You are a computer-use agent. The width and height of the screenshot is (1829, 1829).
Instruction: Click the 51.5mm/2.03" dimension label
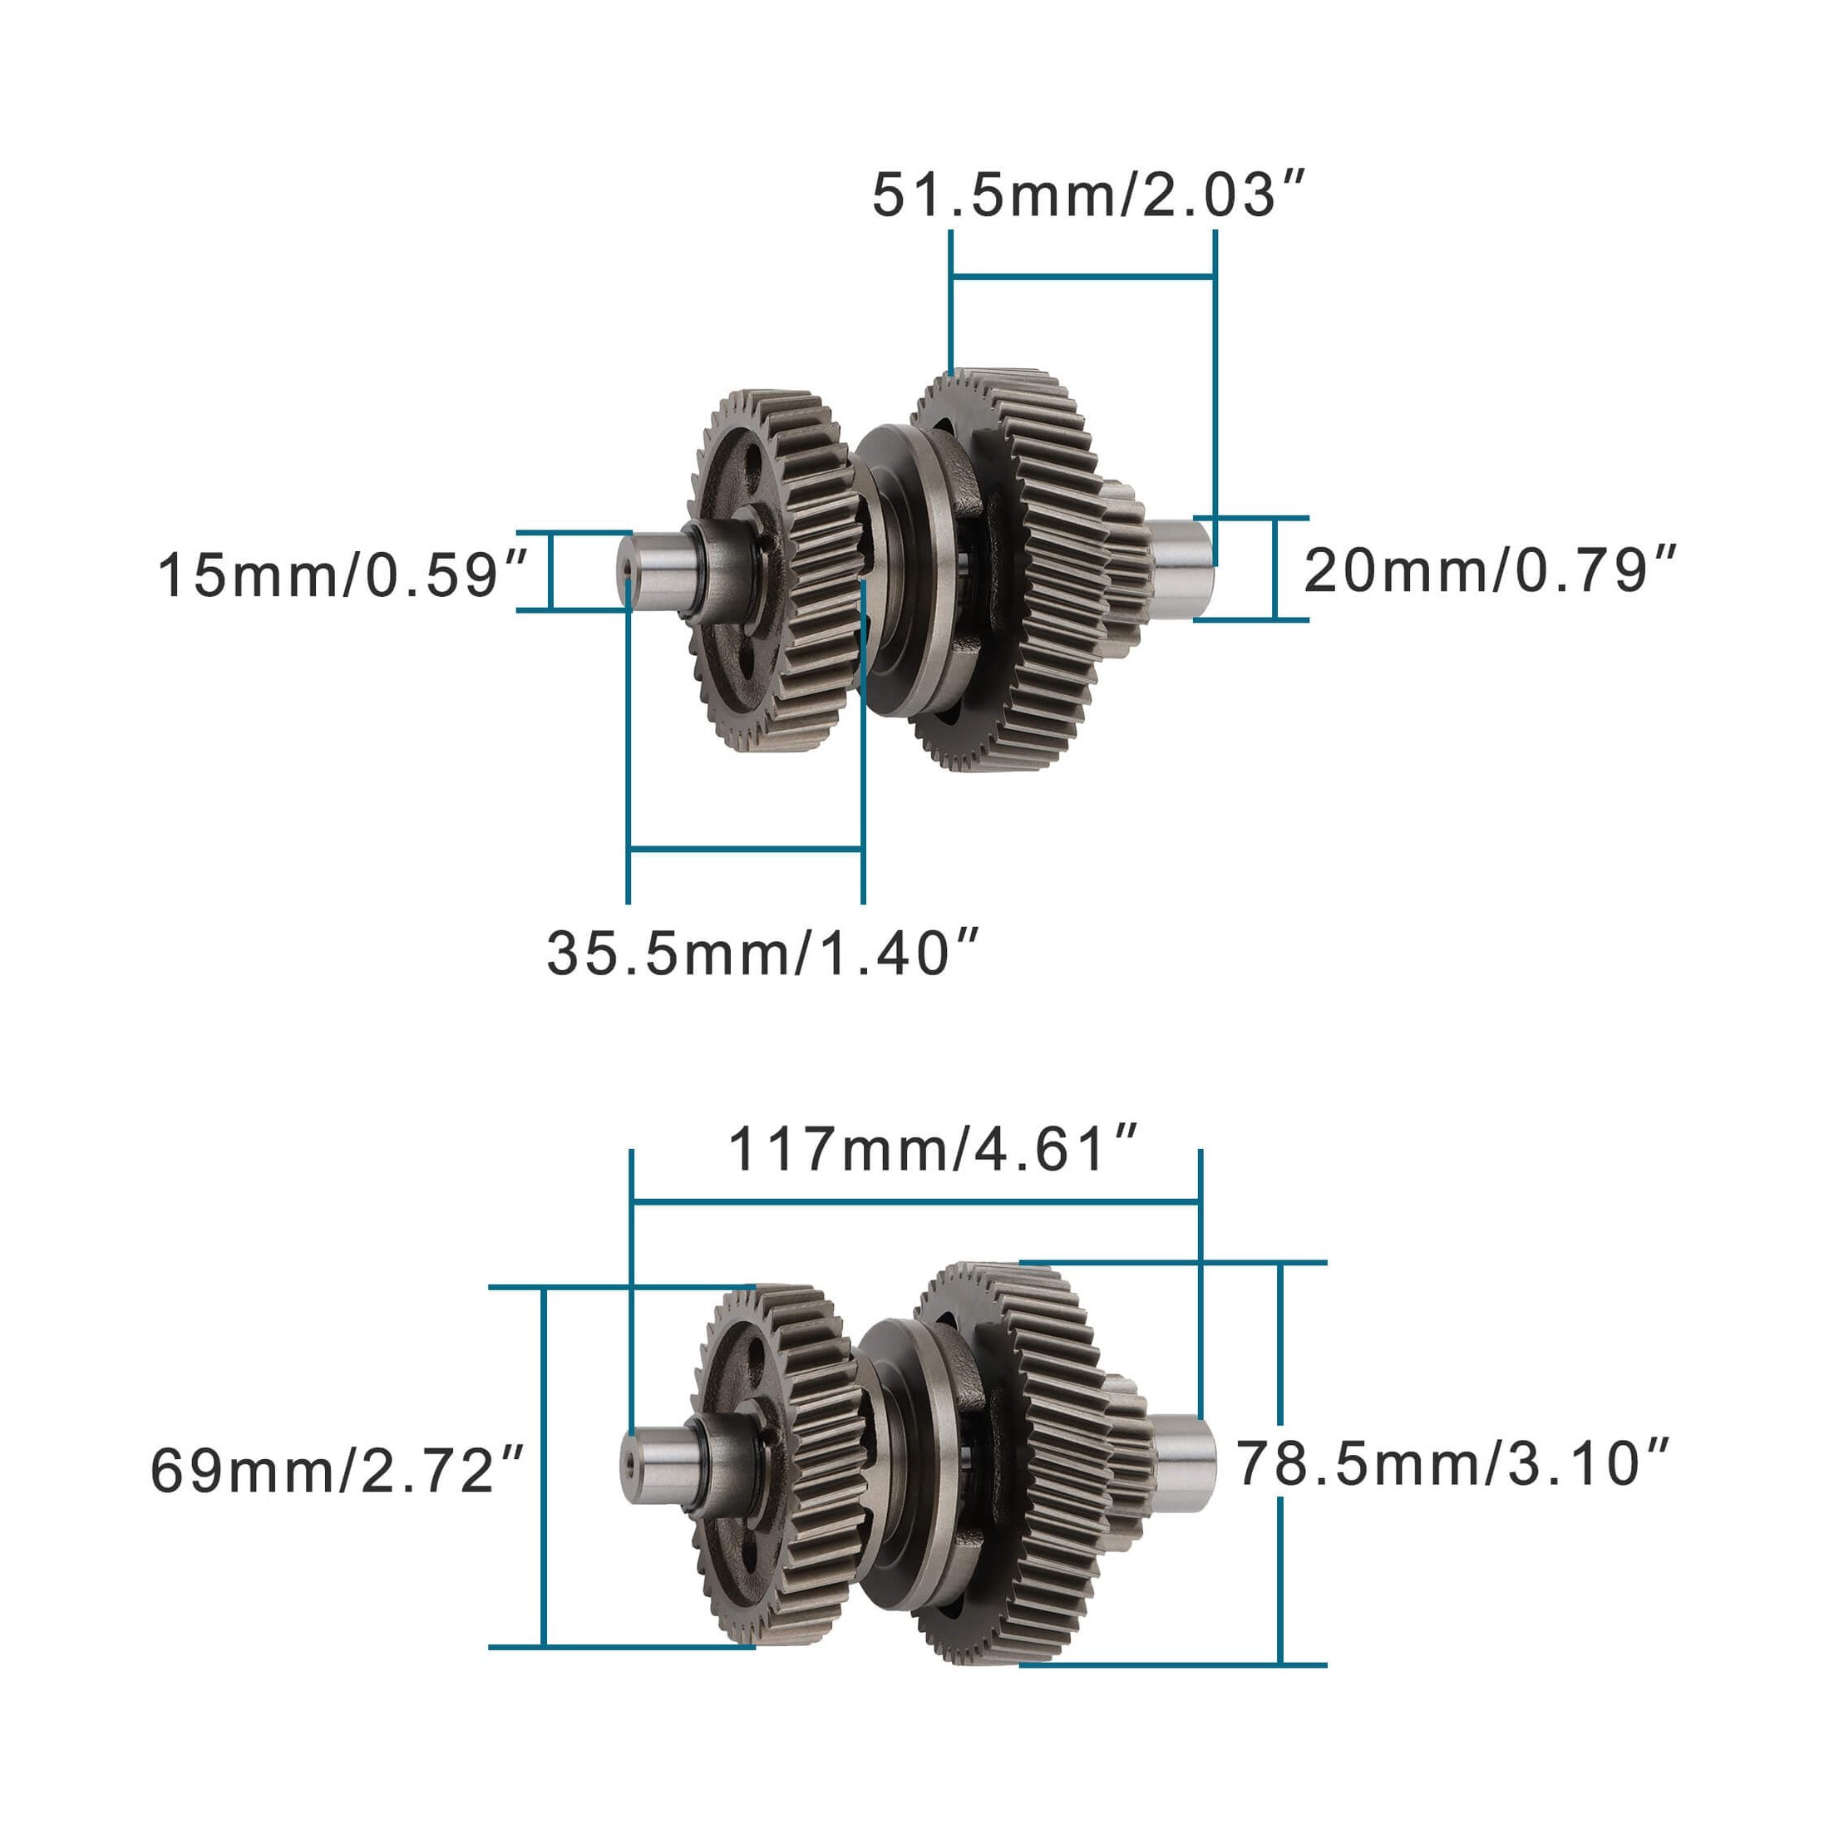point(1089,196)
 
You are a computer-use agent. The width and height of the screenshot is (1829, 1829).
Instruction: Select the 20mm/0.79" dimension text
point(1489,570)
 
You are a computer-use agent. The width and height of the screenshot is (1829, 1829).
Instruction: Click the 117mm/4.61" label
point(933,1151)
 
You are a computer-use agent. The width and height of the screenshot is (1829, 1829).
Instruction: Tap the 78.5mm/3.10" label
point(1452,1463)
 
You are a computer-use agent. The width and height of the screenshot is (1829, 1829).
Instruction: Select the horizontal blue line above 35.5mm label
point(745,849)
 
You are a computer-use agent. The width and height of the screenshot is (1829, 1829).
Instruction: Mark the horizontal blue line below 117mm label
point(915,1202)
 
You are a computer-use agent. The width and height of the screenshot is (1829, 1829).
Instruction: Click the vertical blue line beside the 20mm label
point(1276,568)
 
